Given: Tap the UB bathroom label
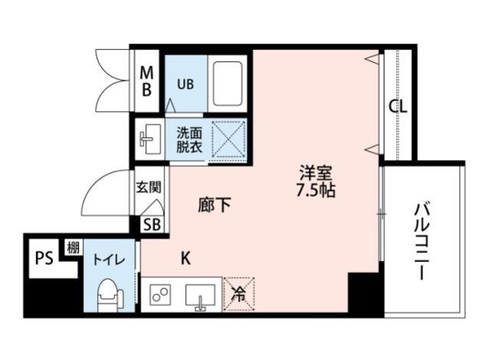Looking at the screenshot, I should tap(186, 83).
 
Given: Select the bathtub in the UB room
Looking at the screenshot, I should tap(228, 83).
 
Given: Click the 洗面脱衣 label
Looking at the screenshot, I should tap(189, 139).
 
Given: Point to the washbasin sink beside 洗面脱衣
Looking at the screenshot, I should tap(149, 139).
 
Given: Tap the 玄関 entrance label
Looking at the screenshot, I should tap(149, 186).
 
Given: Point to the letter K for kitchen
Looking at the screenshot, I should tap(185, 258).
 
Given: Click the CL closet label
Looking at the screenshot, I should tap(397, 106).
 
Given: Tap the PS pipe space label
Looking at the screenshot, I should tap(44, 258).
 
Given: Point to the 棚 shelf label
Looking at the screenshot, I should tap(73, 247).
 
